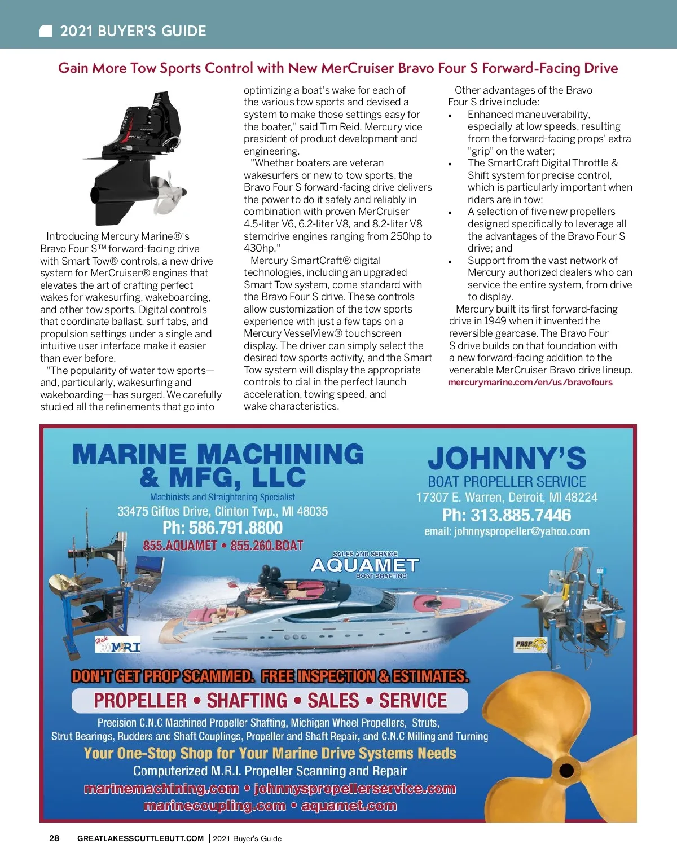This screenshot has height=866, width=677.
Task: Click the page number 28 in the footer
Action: pyautogui.click(x=54, y=838)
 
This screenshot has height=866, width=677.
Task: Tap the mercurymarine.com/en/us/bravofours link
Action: pyautogui.click(x=530, y=382)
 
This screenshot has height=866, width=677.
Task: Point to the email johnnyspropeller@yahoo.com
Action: pyautogui.click(x=507, y=531)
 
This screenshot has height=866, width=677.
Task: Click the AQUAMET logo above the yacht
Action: pyautogui.click(x=365, y=565)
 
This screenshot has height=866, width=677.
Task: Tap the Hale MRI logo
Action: pyautogui.click(x=117, y=645)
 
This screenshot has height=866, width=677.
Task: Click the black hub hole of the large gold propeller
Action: pyautogui.click(x=566, y=770)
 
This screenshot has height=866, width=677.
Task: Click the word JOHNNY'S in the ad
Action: pyautogui.click(x=507, y=458)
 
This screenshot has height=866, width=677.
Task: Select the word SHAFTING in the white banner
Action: pyautogui.click(x=247, y=701)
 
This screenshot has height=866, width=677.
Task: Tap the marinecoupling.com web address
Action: pyautogui.click(x=214, y=806)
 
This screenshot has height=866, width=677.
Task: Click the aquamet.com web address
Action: pyautogui.click(x=349, y=806)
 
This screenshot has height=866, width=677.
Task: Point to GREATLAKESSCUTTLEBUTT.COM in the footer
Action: pyautogui.click(x=140, y=838)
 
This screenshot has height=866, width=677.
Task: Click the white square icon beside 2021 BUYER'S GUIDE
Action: pyautogui.click(x=46, y=31)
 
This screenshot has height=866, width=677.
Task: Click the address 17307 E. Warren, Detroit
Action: pyautogui.click(x=506, y=497)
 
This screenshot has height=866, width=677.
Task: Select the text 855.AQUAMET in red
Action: pyautogui.click(x=180, y=546)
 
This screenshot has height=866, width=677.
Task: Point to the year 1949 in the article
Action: pyautogui.click(x=495, y=321)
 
